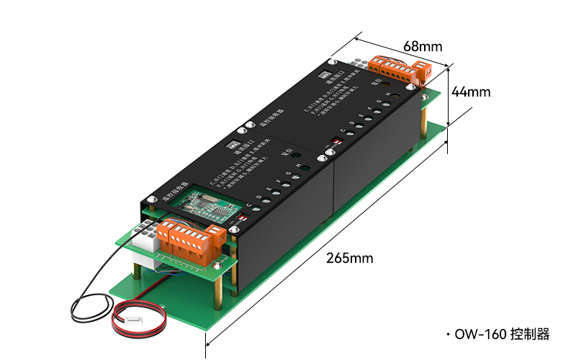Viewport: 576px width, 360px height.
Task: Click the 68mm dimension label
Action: click(423, 46)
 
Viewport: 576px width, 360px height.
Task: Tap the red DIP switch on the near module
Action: click(243, 215)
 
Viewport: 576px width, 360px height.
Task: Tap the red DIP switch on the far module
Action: click(333, 138)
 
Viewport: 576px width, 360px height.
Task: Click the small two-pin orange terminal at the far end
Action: click(422, 71)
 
